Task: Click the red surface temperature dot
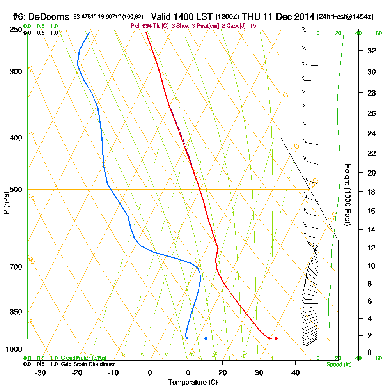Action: [276, 338]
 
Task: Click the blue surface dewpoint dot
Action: [206, 338]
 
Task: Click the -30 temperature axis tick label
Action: [41, 373]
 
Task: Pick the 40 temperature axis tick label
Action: [295, 373]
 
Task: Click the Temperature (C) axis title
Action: [193, 383]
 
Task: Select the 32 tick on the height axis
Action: [371, 51]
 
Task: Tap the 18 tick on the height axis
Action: [371, 192]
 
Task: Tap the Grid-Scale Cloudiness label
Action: [88, 364]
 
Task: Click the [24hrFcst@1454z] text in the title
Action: [345, 17]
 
